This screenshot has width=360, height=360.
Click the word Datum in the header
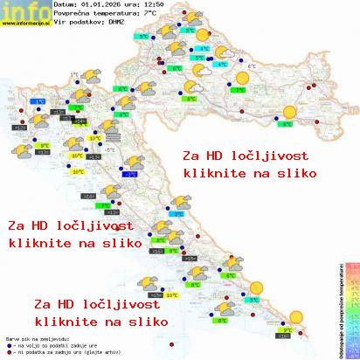coord(65,5)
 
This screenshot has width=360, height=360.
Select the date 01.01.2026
coord(103,5)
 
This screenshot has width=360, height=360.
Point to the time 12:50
coord(156,5)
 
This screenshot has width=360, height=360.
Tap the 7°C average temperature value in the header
coord(150,14)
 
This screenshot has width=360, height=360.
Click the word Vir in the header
coord(59,23)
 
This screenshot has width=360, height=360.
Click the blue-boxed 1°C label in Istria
coord(39,101)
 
